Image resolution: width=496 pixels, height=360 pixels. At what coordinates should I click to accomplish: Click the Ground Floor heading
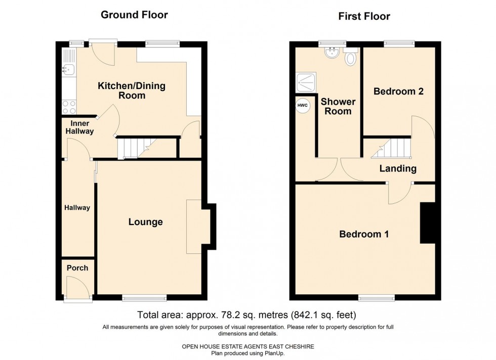point(134,14)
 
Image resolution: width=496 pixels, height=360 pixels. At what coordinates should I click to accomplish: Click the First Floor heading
point(364,16)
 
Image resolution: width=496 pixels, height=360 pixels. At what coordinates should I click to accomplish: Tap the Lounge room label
point(145,222)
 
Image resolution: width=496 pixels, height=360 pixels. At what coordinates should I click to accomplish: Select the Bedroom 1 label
point(363,234)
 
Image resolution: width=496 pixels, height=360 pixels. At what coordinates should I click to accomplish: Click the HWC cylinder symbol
point(302,105)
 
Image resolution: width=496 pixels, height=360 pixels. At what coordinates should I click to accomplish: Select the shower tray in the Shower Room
point(306,80)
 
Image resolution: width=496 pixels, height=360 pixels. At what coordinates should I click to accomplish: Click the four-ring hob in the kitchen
point(68,107)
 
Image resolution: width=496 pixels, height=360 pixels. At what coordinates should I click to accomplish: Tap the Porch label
point(77,268)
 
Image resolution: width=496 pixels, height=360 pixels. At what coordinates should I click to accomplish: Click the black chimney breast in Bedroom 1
point(428,223)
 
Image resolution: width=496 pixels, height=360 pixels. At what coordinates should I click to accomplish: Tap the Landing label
point(398,169)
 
